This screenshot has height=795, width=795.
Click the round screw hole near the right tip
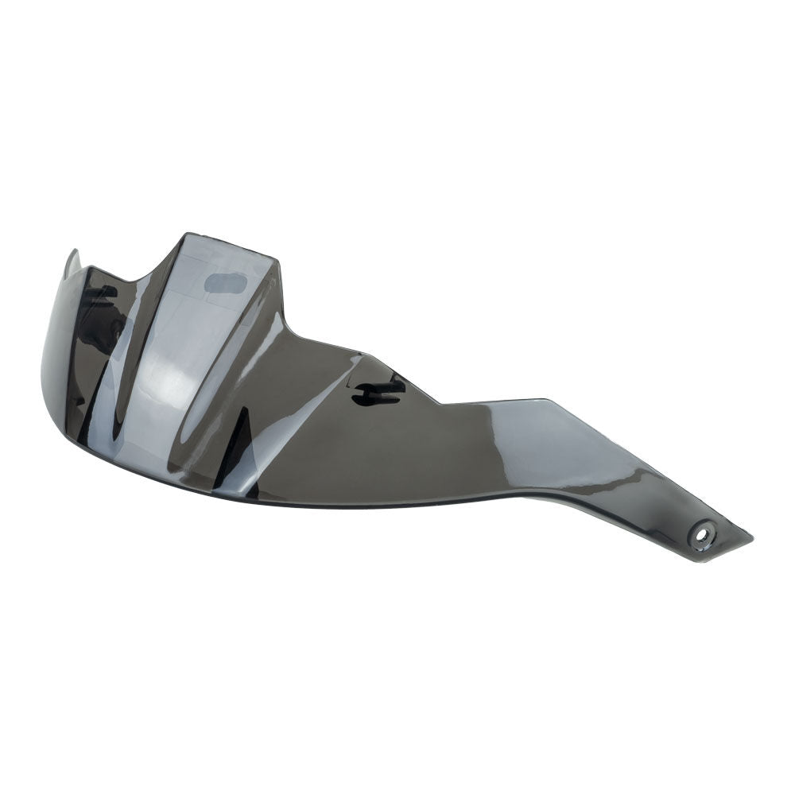(704, 533)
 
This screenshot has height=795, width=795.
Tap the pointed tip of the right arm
(750, 537)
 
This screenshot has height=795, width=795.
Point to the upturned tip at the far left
(72, 256)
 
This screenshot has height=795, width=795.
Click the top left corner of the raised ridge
(188, 235)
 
